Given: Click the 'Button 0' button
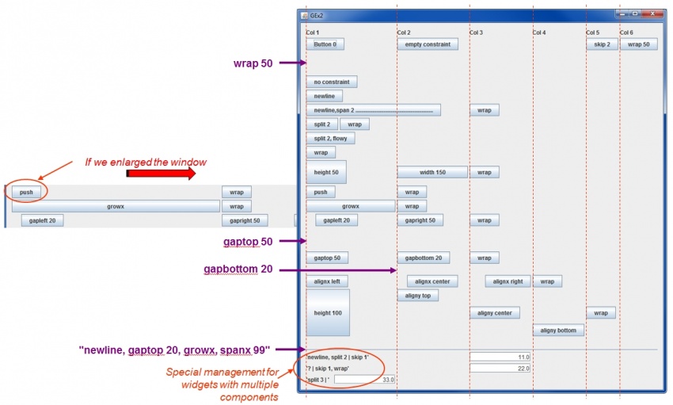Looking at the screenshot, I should coord(325,44).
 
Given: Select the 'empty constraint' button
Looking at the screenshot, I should coord(428,44).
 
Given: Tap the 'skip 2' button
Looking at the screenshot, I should coord(602,44).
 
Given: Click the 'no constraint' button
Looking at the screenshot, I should coord(332,82).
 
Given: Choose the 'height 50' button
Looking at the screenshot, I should coord(326,172).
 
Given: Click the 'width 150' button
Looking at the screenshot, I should coord(432,172).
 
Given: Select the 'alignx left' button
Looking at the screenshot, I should coord(326,281).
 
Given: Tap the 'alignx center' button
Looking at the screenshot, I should coord(432,281).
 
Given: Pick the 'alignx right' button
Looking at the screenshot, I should coord(508,281).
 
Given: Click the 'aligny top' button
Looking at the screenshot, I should coord(417,296).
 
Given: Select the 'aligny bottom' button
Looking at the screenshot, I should coord(558,330).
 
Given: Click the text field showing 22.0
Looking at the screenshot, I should coord(500,368).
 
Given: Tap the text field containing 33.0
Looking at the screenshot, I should coord(364,380).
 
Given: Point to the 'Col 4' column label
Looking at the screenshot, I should coord(539,32).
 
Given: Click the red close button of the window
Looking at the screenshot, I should coord(651,14).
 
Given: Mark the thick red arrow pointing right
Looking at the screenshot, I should coord(161,174).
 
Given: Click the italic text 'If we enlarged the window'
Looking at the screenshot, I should coord(146,162).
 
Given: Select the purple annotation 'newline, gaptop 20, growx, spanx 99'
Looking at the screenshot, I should coord(175,349).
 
